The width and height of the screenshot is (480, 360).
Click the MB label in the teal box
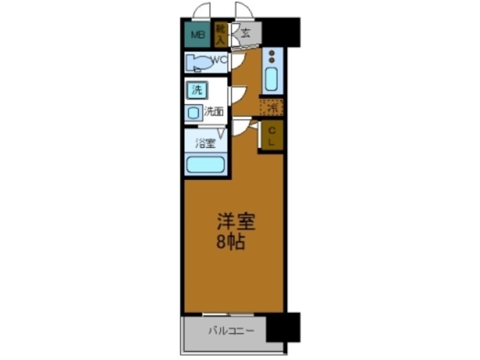coord(197,35)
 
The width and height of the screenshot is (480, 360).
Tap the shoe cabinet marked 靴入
coord(220,35)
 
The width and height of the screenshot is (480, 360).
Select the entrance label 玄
coord(246,33)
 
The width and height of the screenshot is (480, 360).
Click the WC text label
coord(218,59)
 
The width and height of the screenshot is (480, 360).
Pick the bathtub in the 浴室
coord(205,164)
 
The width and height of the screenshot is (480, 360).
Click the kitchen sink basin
coord(271,79)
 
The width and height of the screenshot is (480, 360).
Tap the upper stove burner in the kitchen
coord(271,53)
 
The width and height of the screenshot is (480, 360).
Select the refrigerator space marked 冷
coord(272,107)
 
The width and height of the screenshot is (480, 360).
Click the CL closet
coord(271,136)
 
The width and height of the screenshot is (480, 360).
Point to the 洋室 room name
coord(236,223)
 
